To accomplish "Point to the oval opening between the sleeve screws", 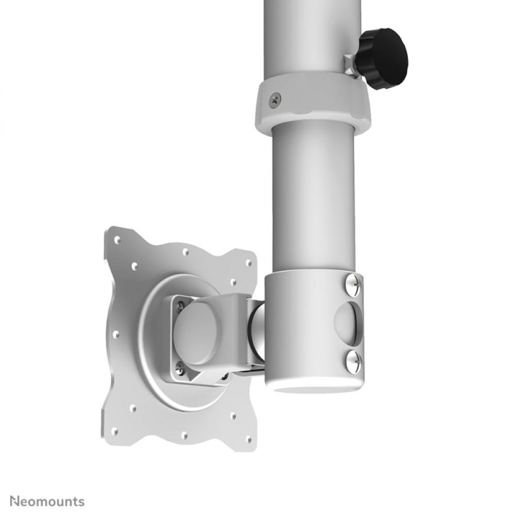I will pos(346,320).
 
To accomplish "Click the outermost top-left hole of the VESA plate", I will pos(117,239).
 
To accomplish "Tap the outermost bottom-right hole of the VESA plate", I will pos(249,439).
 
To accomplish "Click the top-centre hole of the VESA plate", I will pos(185,252).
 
